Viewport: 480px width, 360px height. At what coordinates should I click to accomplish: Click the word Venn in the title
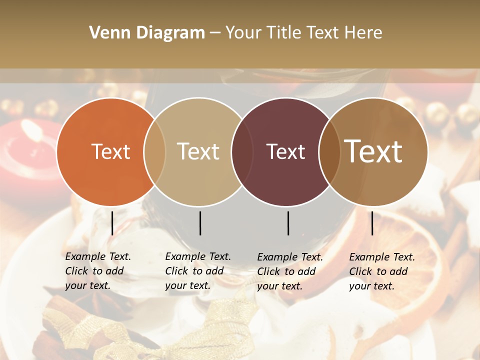(x=105, y=33)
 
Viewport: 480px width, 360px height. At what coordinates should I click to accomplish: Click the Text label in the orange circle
(x=110, y=151)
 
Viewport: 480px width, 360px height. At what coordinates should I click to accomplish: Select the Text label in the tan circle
(x=198, y=151)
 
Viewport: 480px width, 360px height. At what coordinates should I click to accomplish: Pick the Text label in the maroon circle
(x=285, y=151)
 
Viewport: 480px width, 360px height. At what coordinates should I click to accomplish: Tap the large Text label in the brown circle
(x=373, y=151)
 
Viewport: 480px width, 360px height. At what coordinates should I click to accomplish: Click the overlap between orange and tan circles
(x=154, y=151)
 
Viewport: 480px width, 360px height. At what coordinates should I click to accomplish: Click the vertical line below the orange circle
(x=112, y=223)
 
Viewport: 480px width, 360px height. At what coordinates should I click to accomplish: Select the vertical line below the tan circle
(x=200, y=223)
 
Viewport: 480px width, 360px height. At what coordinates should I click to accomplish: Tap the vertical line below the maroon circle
(x=288, y=223)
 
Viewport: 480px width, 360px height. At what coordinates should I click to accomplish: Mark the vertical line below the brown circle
(x=372, y=223)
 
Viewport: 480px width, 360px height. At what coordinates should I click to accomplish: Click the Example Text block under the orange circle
(x=97, y=271)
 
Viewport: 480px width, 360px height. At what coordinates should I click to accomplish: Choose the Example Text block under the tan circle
(x=197, y=271)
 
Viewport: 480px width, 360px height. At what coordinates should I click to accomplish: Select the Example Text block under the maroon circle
(x=289, y=271)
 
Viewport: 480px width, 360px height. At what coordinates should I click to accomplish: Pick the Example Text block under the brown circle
(x=381, y=271)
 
